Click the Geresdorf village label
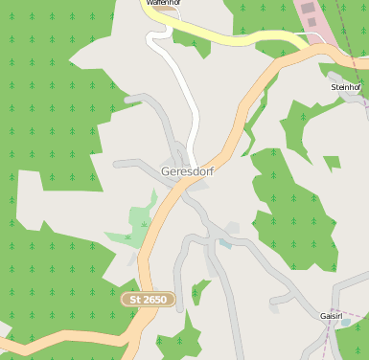tap(187, 171)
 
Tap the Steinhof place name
tap(344, 87)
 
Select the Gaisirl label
tap(332, 315)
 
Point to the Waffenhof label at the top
tap(164, 4)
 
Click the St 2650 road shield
tap(149, 300)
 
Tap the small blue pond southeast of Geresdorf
tap(224, 243)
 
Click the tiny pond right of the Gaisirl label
tap(347, 322)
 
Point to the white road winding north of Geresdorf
tap(192, 105)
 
